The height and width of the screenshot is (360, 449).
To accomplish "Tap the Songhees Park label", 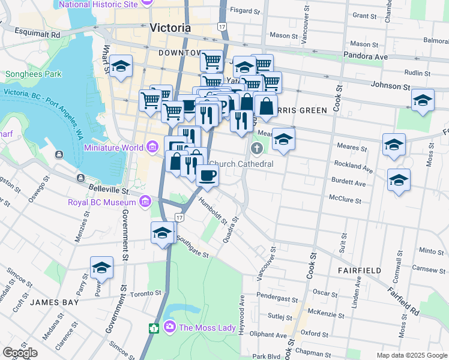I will [33, 74].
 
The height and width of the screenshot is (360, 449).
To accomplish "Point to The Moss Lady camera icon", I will [169, 327].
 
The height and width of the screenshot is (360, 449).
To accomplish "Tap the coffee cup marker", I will [207, 175].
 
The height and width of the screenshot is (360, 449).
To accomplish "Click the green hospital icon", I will [154, 328].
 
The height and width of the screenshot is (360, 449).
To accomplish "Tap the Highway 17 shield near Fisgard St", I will [222, 27].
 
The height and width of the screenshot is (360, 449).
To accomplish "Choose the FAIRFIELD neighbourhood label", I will [358, 271].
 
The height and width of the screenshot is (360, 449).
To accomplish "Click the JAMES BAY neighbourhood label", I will [55, 302].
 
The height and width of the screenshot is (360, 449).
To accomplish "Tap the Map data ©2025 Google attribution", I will [411, 355].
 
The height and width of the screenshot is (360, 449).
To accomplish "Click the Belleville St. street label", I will [109, 191].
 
